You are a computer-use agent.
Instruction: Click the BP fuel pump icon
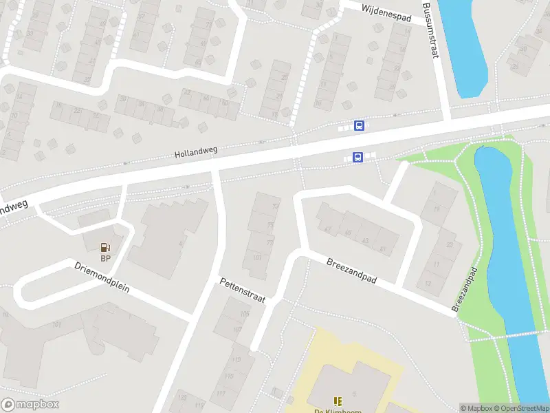(x=105, y=247)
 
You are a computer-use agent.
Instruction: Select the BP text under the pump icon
(x=105, y=259)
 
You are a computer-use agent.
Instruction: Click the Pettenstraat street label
(x=242, y=290)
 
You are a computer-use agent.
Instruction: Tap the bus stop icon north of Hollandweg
(x=359, y=125)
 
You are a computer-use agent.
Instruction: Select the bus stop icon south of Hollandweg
(x=357, y=158)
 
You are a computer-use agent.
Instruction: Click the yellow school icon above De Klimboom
(x=337, y=401)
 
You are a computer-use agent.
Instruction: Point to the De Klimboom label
(x=337, y=411)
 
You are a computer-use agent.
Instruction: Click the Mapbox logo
(x=30, y=405)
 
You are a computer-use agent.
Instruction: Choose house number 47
(x=327, y=229)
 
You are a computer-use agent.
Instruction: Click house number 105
(x=245, y=314)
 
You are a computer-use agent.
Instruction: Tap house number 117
(x=220, y=393)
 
